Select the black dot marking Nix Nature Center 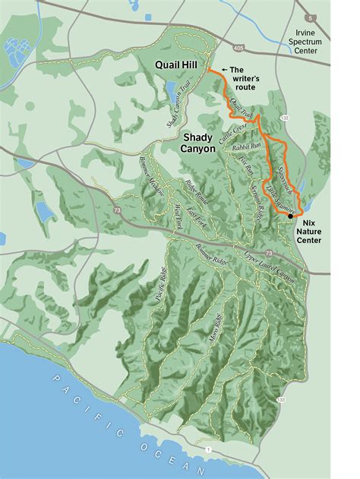click(x=291, y=217)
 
